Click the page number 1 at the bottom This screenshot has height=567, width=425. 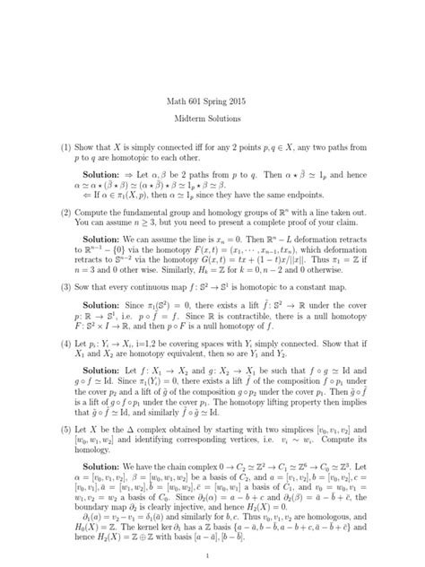pyautogui.click(x=212, y=554)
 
